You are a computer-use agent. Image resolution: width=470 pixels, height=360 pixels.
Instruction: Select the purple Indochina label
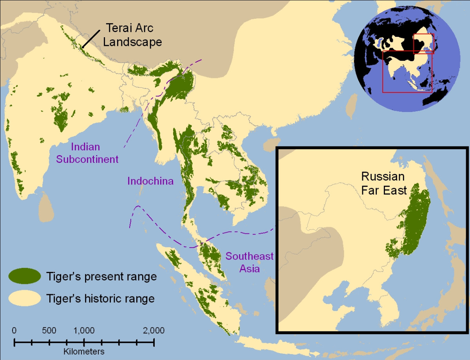(x=150, y=181)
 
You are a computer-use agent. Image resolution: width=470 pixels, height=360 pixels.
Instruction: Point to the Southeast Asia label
(x=249, y=262)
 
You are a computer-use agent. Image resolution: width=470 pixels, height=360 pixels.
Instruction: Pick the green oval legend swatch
(x=25, y=276)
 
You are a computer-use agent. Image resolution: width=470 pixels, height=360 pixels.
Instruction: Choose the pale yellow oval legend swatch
(x=25, y=298)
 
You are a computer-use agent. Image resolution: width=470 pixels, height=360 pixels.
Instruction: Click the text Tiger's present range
(x=101, y=277)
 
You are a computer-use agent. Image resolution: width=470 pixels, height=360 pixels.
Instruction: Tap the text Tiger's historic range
(x=100, y=299)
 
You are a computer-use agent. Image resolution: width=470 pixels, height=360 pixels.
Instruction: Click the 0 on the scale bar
(x=14, y=330)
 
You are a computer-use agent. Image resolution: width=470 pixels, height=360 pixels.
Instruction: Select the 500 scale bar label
(x=49, y=330)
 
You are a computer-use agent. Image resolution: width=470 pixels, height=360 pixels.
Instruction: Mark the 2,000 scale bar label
(x=153, y=330)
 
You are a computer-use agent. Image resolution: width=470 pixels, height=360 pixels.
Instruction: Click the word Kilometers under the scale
(x=84, y=351)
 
